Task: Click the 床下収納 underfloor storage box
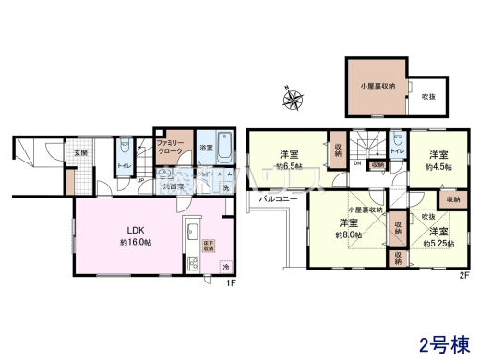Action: click(208, 246)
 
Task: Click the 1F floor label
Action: click(234, 282)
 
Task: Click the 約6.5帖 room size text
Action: click(289, 166)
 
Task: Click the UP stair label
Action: click(139, 180)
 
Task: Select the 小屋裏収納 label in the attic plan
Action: click(377, 86)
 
